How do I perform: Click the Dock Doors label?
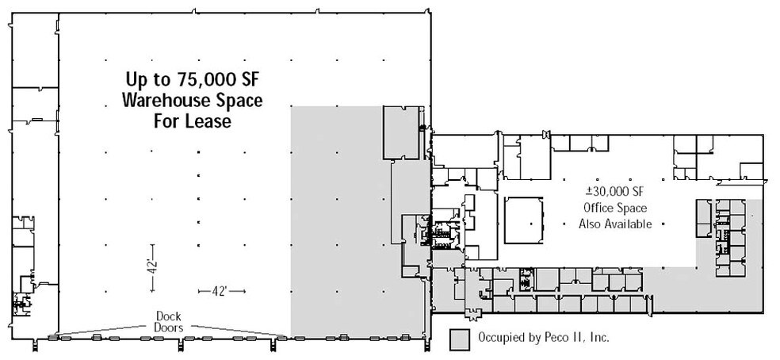[168, 320]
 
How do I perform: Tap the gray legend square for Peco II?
[460, 338]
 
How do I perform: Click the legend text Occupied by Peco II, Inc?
[543, 338]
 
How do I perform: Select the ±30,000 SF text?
[615, 193]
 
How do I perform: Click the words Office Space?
[615, 208]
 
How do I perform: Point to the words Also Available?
[615, 224]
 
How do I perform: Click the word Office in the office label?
[598, 208]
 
